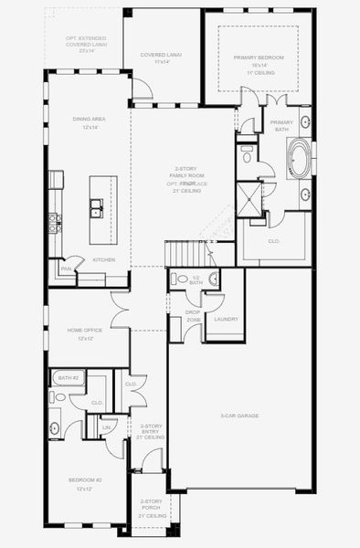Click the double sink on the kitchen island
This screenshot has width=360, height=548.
coord(97,211)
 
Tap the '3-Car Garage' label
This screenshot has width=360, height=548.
coord(239,416)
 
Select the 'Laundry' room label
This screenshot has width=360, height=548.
coord(225,319)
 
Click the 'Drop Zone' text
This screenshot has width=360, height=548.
coord(193,316)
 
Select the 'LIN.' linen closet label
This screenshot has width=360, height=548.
coord(107,427)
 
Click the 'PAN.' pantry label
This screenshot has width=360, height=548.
coord(66,269)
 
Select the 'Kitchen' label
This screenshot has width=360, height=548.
coord(103,260)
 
